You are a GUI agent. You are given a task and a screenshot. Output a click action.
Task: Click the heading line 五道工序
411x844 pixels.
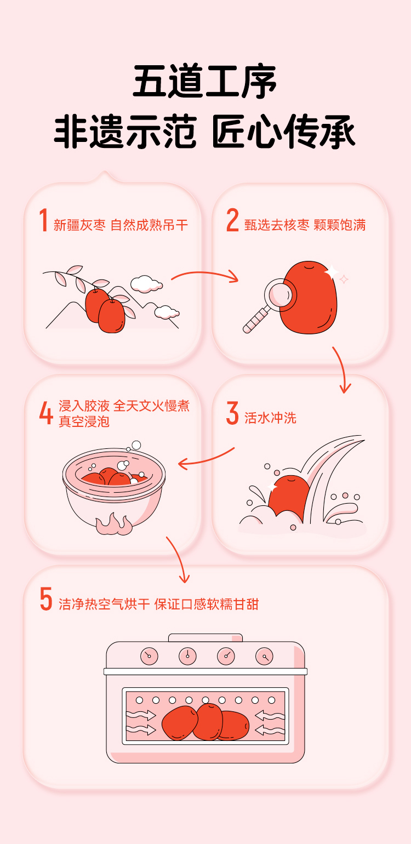point(205,81)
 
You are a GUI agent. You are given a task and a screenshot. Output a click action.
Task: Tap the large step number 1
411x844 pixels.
point(44,220)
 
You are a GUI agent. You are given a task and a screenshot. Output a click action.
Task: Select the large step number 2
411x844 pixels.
point(232,220)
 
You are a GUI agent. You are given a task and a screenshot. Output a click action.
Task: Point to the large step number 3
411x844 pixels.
point(232,413)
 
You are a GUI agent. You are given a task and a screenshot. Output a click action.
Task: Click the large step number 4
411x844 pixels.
point(46,413)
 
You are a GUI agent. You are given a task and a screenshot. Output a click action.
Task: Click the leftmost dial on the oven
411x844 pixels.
point(149,656)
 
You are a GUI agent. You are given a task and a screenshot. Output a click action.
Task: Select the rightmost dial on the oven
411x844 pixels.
point(264,656)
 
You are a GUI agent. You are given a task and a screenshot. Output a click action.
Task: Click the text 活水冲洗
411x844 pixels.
point(271,418)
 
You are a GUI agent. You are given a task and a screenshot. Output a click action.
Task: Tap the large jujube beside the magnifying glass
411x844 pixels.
point(309,297)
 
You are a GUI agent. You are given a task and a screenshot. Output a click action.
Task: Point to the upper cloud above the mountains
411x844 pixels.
point(146,284)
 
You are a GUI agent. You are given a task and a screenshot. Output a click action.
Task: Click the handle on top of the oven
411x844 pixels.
point(206,637)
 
